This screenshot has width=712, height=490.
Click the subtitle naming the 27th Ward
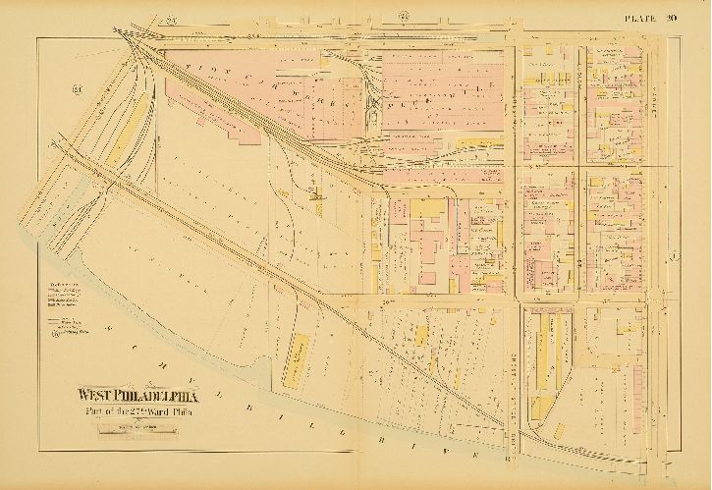coord(134,412)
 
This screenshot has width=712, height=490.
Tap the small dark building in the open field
coord(318,195)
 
